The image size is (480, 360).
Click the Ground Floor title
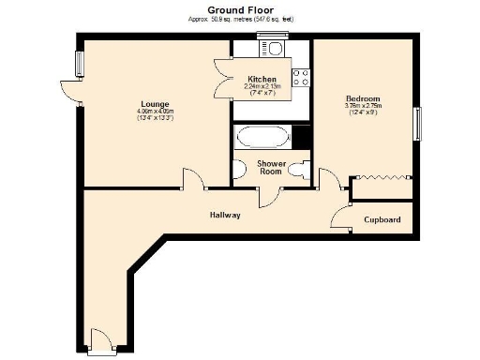(240, 7)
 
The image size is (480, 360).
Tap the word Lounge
(155, 103)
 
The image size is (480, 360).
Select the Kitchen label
(262, 79)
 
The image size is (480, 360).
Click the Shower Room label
(271, 167)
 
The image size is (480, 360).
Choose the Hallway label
(225, 215)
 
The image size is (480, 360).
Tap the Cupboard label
(382, 219)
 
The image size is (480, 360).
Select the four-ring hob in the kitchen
(302, 80)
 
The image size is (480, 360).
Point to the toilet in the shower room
(299, 170)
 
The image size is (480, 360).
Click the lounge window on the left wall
(79, 62)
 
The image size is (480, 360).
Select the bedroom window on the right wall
(417, 122)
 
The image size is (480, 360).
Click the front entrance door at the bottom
(98, 341)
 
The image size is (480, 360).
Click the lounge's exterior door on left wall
(68, 91)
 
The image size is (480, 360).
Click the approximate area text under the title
(240, 18)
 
